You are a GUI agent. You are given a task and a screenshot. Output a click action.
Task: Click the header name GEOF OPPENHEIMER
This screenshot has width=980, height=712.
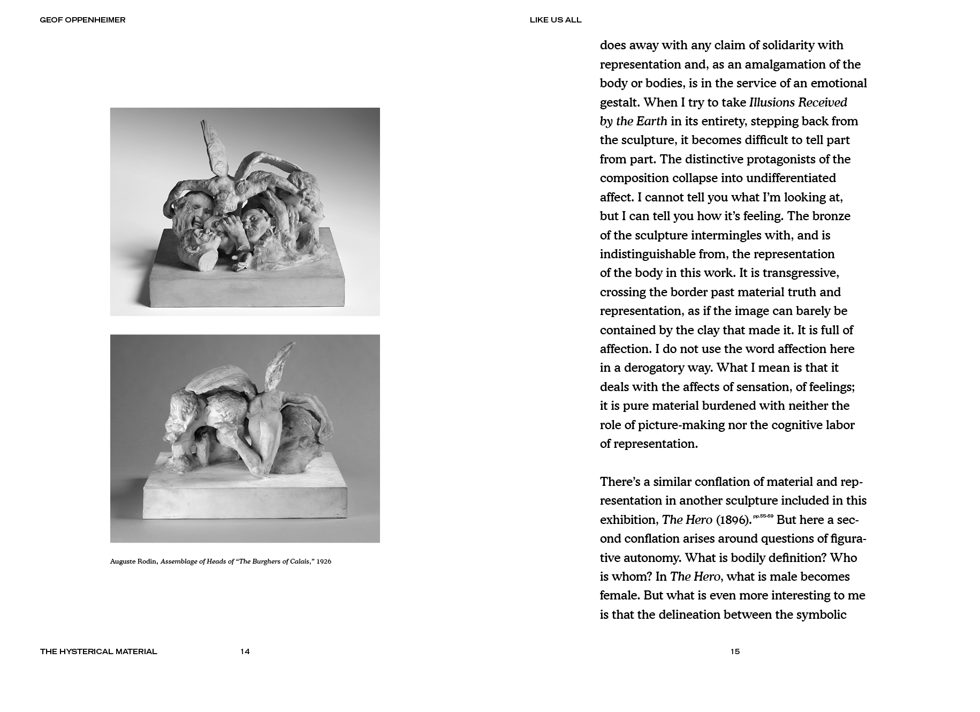[82, 20]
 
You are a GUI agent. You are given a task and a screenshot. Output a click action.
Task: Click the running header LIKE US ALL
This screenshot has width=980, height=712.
[555, 20]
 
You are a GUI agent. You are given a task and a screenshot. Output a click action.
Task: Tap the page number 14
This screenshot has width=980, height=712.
[245, 651]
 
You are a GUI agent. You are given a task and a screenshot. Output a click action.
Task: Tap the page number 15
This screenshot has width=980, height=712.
[735, 651]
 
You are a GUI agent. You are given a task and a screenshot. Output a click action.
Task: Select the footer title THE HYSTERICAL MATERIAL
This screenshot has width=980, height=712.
[98, 651]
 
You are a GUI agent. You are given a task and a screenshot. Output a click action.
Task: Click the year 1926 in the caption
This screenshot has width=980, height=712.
[324, 561]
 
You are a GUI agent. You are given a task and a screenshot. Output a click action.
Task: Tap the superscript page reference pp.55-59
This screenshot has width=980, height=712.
[763, 516]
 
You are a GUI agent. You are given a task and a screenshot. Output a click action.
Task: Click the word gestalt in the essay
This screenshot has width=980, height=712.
[619, 102]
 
